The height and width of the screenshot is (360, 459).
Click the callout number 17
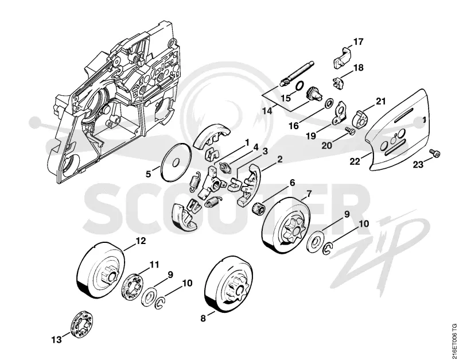358,42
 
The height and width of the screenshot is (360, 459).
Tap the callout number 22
355,161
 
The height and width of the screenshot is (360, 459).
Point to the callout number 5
149,175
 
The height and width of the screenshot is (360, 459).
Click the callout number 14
267,111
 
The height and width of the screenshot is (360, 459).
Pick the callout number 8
203,319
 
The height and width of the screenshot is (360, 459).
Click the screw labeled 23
435,153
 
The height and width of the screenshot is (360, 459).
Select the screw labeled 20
349,130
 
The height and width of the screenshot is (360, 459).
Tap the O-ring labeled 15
299,86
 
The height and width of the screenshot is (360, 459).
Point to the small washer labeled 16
329,103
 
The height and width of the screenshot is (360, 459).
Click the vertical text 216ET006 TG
454,340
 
